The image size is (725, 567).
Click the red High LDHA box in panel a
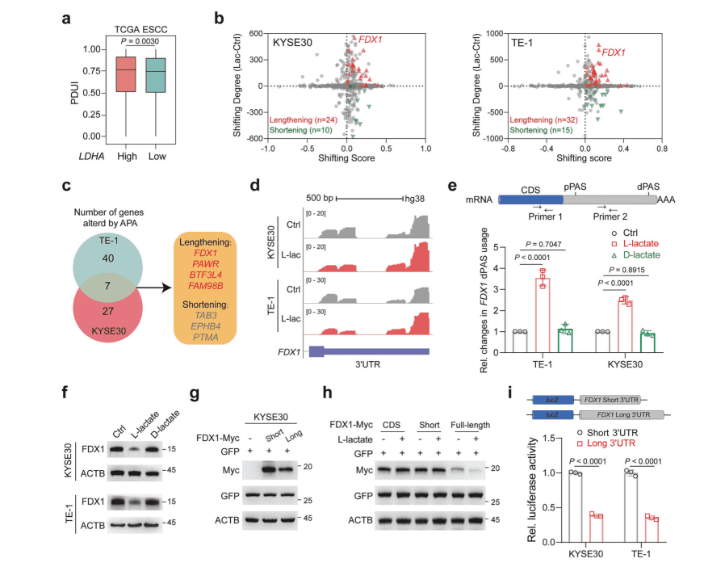(126, 74)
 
